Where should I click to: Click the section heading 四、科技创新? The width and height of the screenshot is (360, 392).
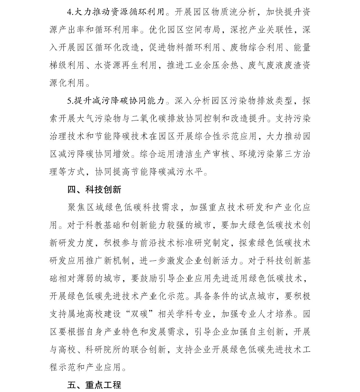(94, 190)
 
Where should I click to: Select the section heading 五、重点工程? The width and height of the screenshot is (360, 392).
(94, 385)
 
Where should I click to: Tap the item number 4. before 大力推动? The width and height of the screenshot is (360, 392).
(70, 12)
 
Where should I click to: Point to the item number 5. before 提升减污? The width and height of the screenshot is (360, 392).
(70, 101)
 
